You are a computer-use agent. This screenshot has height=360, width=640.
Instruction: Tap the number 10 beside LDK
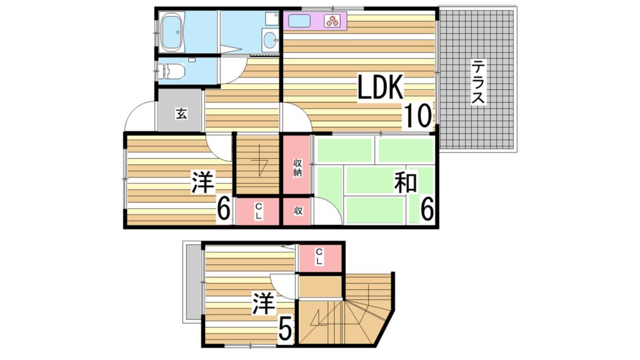coord(416,116)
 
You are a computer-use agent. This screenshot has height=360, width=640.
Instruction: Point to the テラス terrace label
coord(478,82)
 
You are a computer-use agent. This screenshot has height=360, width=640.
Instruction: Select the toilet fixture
coord(172,71)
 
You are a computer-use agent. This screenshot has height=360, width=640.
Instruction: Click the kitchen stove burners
coord(332,21)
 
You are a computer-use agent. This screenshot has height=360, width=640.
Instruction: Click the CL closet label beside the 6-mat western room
coord(257,211)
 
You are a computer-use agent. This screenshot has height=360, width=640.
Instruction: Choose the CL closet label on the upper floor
coord(319,257)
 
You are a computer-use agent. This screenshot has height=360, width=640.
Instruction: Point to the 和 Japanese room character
coord(405,183)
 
